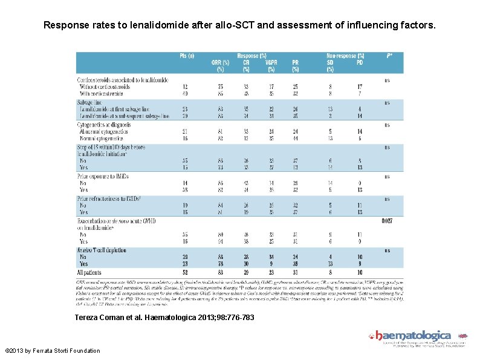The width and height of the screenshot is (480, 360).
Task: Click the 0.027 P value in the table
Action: (x=388, y=221)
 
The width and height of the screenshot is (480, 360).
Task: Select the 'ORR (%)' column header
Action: (x=220, y=62)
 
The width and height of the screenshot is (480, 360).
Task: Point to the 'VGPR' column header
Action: (x=270, y=62)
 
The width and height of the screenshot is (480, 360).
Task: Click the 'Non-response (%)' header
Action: (x=345, y=56)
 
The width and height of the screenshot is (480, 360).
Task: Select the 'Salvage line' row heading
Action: (x=89, y=103)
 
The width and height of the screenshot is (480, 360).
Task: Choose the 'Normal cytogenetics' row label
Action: (x=102, y=138)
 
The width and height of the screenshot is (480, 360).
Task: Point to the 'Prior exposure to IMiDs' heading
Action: (x=103, y=176)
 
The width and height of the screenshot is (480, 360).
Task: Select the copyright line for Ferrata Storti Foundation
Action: (x=53, y=350)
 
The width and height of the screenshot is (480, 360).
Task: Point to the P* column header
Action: (x=389, y=56)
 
